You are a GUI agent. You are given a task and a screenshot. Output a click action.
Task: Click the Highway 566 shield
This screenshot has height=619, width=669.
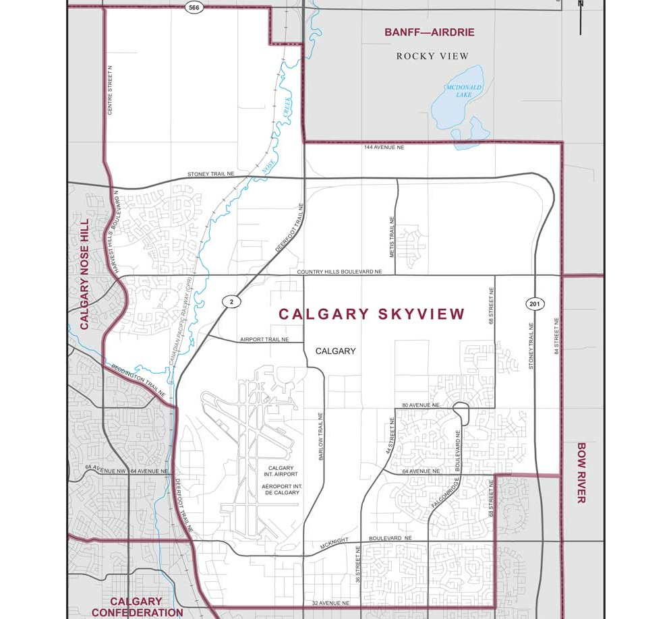194,7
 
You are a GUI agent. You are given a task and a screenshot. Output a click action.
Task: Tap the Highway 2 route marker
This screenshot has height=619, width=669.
231,301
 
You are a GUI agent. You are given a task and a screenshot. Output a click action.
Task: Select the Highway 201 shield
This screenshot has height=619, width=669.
534,305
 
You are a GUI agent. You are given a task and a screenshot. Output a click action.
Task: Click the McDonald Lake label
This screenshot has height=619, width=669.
464,90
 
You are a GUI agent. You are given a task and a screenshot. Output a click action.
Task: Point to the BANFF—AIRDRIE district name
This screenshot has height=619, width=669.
430,32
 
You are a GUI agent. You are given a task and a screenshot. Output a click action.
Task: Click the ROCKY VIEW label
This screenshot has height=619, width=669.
432,56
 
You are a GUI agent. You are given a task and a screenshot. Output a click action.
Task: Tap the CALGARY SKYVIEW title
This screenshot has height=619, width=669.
372,314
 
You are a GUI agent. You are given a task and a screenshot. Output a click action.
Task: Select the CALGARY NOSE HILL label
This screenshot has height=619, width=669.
85,274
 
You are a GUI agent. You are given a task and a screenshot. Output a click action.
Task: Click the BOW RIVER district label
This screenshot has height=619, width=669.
581,473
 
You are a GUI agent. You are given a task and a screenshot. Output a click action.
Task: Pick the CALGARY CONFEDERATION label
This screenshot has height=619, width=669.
136,607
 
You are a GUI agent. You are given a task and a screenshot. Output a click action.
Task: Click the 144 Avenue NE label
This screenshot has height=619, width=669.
384,147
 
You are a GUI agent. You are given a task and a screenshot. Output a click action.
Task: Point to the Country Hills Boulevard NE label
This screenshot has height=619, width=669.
339,272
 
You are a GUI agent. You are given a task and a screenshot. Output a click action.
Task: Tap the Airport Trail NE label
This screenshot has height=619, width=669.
264,339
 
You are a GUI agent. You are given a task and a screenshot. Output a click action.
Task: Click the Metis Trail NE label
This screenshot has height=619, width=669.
391,237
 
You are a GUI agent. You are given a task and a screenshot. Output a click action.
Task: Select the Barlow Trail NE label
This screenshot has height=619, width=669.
321,436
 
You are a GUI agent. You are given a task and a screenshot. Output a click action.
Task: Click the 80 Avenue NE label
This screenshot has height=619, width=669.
420,405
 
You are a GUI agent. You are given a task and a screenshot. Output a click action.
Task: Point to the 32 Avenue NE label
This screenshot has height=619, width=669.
330,603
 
